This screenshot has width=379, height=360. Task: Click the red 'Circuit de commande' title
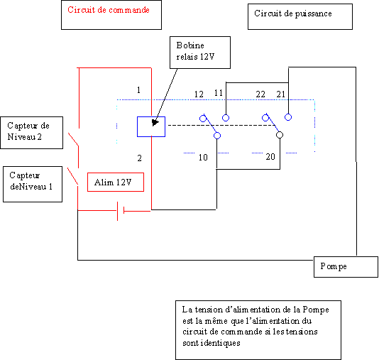(109, 10)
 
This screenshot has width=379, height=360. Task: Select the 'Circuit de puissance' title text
(293, 13)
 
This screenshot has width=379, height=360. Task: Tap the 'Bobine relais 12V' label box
(200, 53)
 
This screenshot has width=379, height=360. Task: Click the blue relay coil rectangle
(151, 126)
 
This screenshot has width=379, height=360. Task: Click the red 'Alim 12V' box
(116, 182)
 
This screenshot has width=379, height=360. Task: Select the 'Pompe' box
(346, 267)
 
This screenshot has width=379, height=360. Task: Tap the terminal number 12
(199, 94)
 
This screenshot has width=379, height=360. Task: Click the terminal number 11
(219, 93)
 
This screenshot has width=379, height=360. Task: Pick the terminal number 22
(260, 94)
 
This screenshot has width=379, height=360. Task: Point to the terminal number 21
(281, 94)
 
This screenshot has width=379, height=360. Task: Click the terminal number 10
(203, 158)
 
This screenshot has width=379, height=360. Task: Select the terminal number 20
(270, 157)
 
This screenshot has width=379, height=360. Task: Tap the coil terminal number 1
(138, 90)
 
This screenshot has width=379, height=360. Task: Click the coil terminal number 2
(140, 158)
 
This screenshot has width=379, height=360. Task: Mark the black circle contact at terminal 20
(280, 135)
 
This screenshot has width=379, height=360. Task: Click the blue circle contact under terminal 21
(288, 117)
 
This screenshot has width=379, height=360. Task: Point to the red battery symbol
(121, 211)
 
